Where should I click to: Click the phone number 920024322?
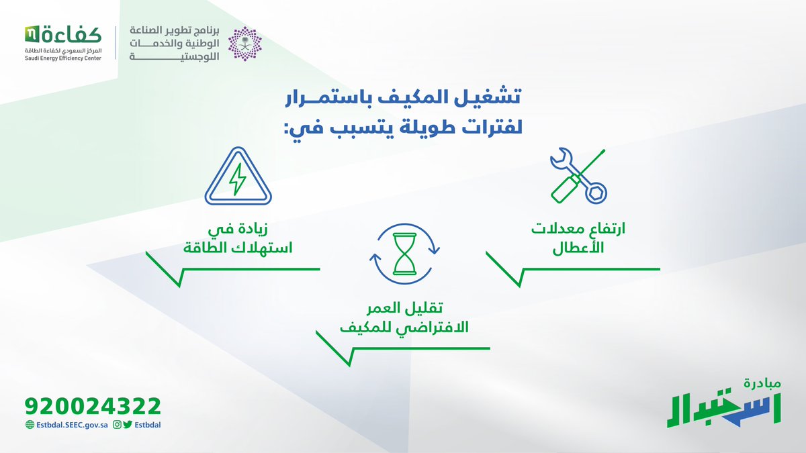[93, 406]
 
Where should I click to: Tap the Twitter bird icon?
[128, 424]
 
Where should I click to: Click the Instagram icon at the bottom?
[117, 424]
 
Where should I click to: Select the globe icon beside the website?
[29, 424]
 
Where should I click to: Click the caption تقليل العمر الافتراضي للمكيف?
[404, 319]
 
